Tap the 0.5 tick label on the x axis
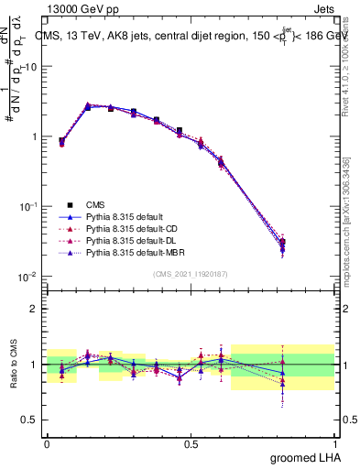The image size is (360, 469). pyautogui.click(x=191, y=442)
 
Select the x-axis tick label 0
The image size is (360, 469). pyautogui.click(x=47, y=442)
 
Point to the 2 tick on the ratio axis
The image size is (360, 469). pyautogui.click(x=35, y=309)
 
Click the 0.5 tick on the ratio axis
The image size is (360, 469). pyautogui.click(x=30, y=420)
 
